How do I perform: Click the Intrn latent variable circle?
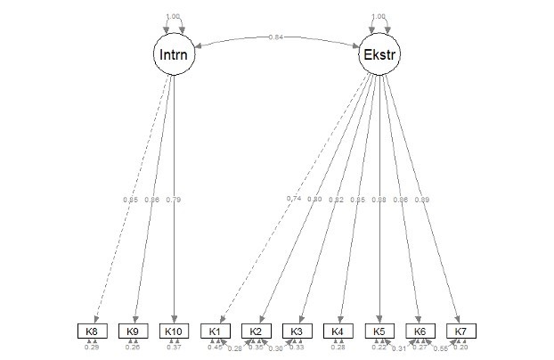click(174, 55)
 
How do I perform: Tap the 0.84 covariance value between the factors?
click(277, 37)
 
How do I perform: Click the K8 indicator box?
click(91, 331)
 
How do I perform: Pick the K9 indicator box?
click(132, 331)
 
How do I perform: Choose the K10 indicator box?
click(173, 331)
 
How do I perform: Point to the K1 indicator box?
click(215, 331)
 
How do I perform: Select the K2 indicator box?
click(256, 331)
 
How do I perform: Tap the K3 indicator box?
click(297, 331)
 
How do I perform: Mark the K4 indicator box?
click(338, 331)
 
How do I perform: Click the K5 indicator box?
click(379, 331)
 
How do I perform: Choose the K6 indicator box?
click(420, 331)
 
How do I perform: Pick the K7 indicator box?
click(461, 331)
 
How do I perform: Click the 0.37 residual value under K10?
click(174, 347)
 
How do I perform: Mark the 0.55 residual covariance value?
click(440, 349)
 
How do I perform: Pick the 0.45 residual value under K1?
click(215, 347)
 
